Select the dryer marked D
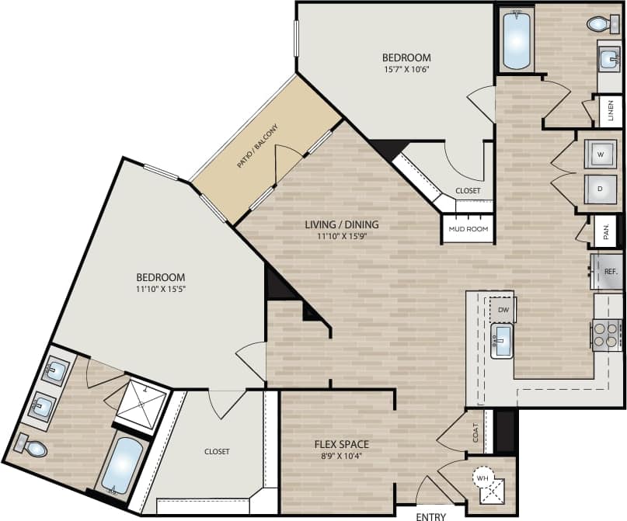click(600, 189)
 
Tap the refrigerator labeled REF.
click(608, 272)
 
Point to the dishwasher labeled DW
click(503, 309)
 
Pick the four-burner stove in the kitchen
click(607, 335)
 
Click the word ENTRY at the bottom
click(431, 515)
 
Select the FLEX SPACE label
click(341, 445)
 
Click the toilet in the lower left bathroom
click(30, 446)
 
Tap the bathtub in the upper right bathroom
click(515, 40)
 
